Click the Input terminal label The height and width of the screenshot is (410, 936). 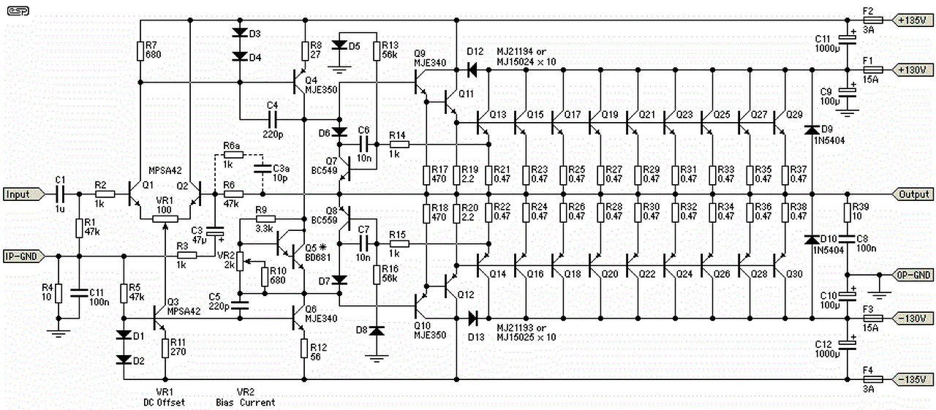18,194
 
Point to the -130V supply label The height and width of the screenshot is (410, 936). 910,319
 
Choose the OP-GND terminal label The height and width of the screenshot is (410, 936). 913,276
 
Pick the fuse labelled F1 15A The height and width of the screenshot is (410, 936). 873,70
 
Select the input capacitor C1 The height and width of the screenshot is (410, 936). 60,194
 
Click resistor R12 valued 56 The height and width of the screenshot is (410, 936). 304,348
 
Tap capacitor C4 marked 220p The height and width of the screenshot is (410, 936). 272,118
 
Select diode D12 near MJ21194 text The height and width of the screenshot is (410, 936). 473,70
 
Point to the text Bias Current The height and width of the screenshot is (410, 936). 246,402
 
